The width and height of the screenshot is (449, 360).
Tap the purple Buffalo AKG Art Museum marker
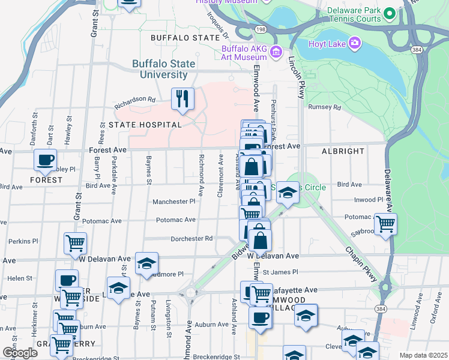pyautogui.click(x=276, y=53)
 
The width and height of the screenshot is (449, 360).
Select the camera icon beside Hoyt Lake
pyautogui.click(x=355, y=43)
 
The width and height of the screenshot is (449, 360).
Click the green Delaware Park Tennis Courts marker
pyautogui.click(x=388, y=13)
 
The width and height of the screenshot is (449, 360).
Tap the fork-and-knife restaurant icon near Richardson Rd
pyautogui.click(x=182, y=98)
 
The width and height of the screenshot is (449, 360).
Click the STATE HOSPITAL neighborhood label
pyautogui.click(x=145, y=124)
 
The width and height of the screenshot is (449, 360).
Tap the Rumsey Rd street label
pyautogui.click(x=324, y=107)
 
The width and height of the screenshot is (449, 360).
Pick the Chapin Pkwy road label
pyautogui.click(x=361, y=264)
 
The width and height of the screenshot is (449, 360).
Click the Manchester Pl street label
pyautogui.click(x=173, y=202)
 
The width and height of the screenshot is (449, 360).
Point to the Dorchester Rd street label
pyautogui.click(x=193, y=238)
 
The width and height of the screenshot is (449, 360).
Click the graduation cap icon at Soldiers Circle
pyautogui.click(x=288, y=193)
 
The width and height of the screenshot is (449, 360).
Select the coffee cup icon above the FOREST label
pyautogui.click(x=45, y=160)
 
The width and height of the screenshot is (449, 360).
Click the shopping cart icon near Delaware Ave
pyautogui.click(x=385, y=223)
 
